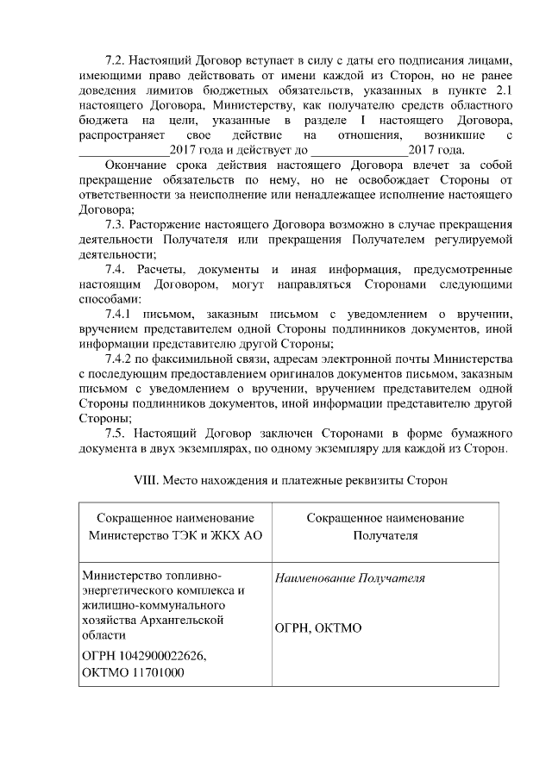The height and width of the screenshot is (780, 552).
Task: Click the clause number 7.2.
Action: [115, 62]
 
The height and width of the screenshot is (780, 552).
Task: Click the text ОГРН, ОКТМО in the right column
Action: [317, 628]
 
